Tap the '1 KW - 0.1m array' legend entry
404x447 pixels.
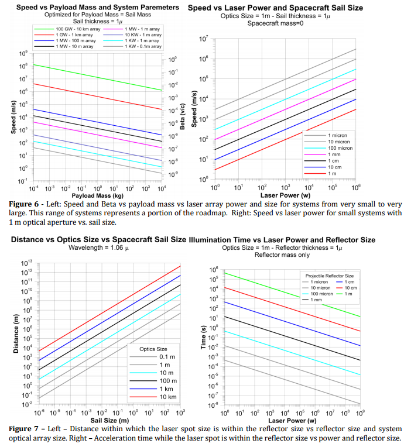(143, 46)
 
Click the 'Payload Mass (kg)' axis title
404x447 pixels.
(98, 195)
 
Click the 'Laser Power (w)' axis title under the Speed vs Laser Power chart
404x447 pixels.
(286, 195)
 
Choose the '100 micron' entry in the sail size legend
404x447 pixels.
(340, 149)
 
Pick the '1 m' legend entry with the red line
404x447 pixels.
(333, 174)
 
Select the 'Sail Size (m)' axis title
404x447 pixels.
(107, 420)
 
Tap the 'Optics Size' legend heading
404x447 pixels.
(153, 349)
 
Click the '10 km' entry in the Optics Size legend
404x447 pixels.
(166, 397)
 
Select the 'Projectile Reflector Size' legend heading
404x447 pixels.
(330, 274)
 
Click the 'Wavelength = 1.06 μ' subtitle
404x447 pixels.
(95, 247)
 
